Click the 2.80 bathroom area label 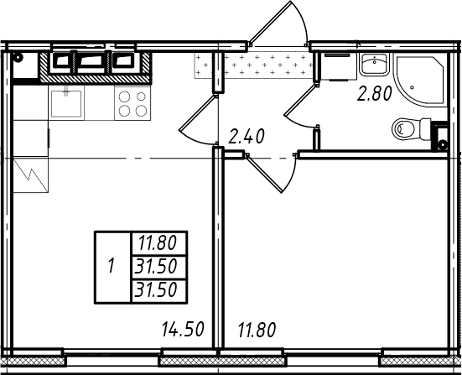375,94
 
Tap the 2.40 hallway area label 247,137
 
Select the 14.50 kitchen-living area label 183,330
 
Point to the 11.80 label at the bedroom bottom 257,330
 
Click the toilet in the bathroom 412,129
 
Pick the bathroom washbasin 374,65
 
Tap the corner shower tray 420,78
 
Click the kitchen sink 66,103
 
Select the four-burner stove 132,103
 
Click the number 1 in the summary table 111,265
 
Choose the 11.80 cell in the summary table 158,243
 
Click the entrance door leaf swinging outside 270,22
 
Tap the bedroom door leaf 264,174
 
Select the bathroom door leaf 300,99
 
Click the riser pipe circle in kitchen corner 18,58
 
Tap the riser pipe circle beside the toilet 442,145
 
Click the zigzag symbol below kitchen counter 31,174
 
